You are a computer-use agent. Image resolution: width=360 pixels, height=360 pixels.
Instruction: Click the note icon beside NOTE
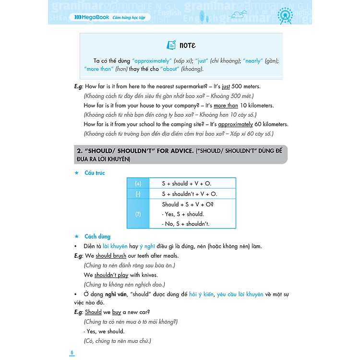click(x=171, y=45)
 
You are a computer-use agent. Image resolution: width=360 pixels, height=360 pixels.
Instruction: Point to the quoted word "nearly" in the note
click(x=253, y=61)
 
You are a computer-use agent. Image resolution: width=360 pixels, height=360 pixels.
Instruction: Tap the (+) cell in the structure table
click(x=138, y=183)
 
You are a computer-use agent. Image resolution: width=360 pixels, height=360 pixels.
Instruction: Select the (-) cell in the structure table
click(x=138, y=194)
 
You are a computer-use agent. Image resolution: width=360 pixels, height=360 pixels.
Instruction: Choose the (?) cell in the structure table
click(x=138, y=214)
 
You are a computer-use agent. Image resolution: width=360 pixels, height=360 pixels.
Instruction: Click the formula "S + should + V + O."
click(x=186, y=183)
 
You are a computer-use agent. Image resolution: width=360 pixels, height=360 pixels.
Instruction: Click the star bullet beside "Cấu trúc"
click(x=76, y=173)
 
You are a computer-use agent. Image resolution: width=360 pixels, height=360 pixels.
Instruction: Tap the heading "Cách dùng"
click(x=97, y=237)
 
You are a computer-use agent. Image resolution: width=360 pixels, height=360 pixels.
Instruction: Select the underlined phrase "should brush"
click(x=111, y=256)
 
